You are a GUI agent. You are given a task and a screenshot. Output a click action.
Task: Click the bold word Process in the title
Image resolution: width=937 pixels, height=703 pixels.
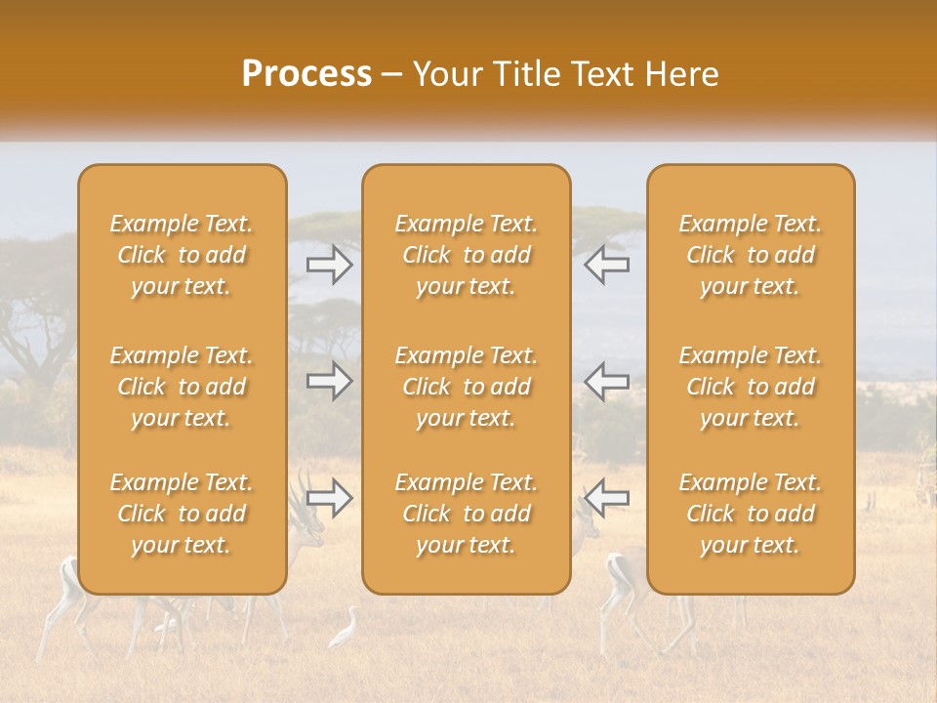click(x=306, y=74)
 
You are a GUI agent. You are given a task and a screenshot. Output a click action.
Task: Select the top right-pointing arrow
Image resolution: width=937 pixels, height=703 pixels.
click(x=330, y=264)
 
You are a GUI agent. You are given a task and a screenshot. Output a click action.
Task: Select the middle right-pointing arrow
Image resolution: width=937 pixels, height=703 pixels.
click(x=330, y=382)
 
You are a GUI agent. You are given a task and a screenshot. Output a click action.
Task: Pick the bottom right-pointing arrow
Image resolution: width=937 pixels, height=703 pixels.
click(x=330, y=498)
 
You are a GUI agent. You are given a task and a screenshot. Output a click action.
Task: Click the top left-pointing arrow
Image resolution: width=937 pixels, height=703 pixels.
click(x=606, y=264)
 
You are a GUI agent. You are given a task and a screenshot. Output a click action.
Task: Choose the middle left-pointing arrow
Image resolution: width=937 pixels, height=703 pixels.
click(x=606, y=382)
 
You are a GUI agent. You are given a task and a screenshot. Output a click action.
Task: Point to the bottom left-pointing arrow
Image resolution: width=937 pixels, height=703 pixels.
click(x=606, y=498)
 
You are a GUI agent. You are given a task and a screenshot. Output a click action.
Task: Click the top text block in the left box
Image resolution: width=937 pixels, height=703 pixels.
click(x=182, y=255)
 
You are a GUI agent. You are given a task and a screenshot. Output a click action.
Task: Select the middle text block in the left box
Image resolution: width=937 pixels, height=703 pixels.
click(x=182, y=387)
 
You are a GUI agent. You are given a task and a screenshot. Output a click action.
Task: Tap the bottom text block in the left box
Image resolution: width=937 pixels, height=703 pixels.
click(x=182, y=514)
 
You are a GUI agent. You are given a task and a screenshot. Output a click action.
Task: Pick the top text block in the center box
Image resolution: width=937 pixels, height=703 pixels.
click(x=466, y=255)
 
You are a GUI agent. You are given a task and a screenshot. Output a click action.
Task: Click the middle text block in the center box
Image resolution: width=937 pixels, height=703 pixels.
click(x=466, y=387)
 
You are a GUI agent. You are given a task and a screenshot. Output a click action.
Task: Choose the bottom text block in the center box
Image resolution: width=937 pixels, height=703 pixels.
click(x=466, y=514)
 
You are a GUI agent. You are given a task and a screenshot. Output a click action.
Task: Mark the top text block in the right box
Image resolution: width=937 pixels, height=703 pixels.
click(x=750, y=255)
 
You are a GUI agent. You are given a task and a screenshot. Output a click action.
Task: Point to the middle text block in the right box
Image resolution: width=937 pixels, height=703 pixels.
click(x=750, y=387)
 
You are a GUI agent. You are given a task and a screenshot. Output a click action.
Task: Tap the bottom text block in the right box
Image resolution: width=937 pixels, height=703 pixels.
click(x=750, y=514)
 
